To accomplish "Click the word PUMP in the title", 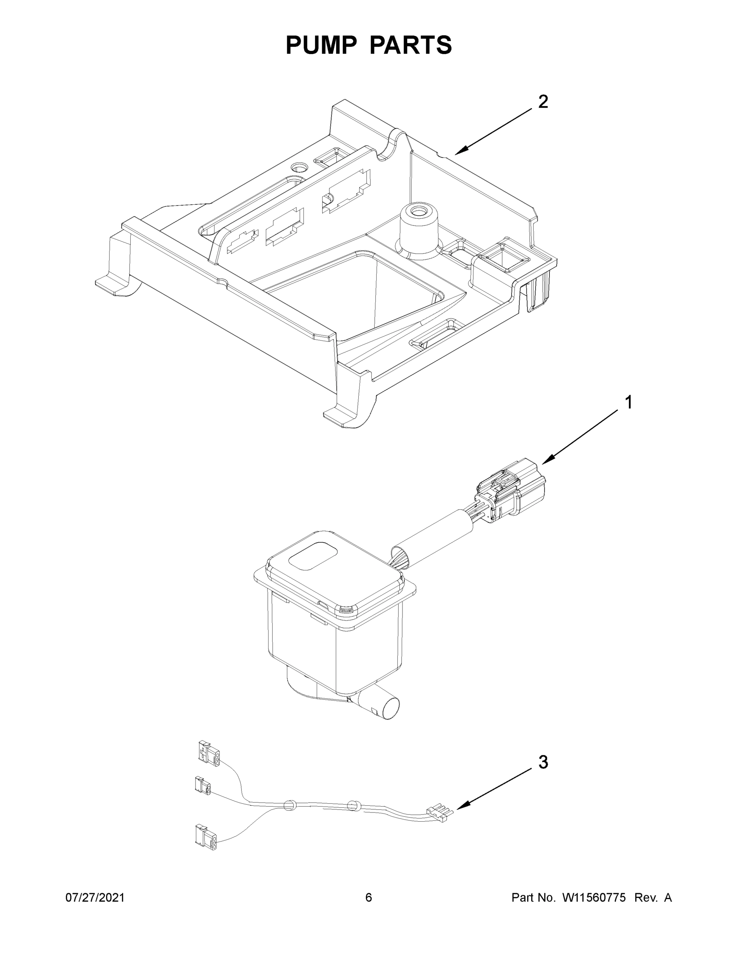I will click(x=320, y=45).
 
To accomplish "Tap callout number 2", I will click(x=543, y=102).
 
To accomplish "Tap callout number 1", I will click(x=628, y=402).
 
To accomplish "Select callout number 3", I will click(x=543, y=762).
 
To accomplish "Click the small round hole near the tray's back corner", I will click(x=300, y=167).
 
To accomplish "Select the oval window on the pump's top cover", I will click(x=314, y=556).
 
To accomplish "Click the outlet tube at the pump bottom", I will click(x=384, y=706).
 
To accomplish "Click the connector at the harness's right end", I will click(x=440, y=812).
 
